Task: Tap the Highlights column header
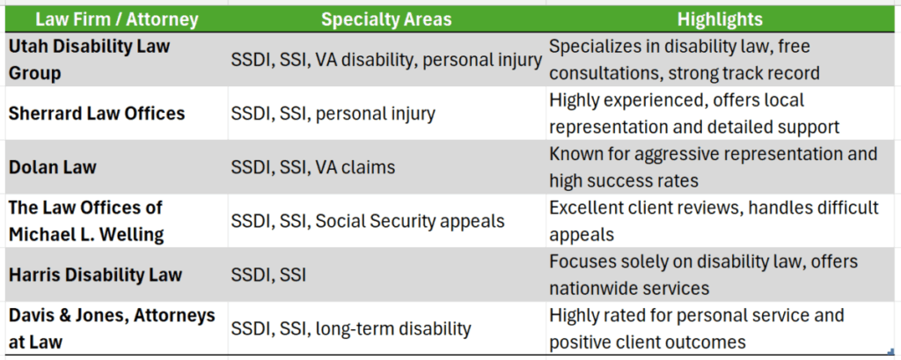tap(720, 18)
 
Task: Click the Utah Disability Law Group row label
tap(88, 58)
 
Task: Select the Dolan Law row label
tap(52, 166)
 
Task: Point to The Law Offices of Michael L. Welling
tap(87, 220)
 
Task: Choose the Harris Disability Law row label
tap(95, 275)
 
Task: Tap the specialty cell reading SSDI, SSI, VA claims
tap(312, 166)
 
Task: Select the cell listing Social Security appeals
tap(367, 220)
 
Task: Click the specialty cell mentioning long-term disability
tap(350, 328)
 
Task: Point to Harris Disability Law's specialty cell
tap(267, 275)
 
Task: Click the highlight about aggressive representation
tap(713, 166)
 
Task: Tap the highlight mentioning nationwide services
tap(703, 275)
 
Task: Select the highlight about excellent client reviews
tap(714, 220)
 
